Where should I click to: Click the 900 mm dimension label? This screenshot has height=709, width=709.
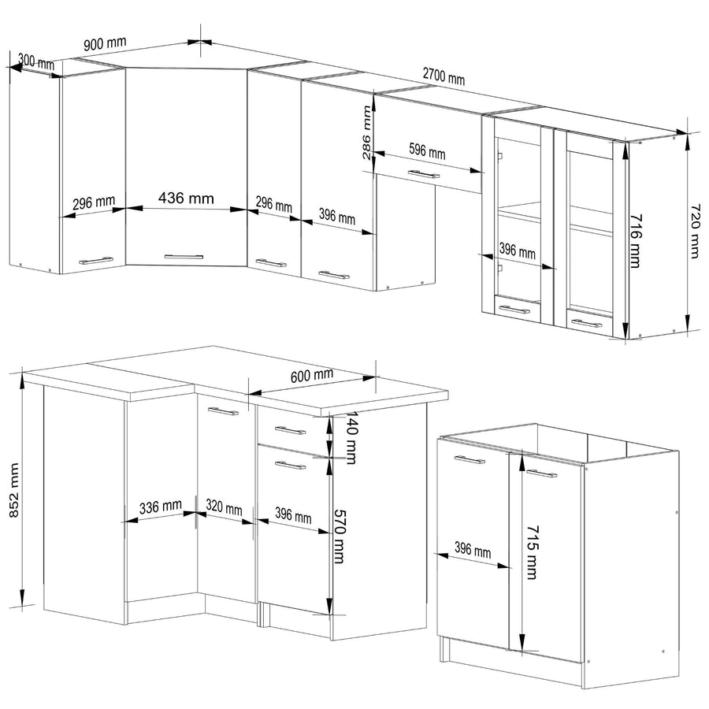(105, 44)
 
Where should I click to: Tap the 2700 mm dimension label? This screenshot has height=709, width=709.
(444, 76)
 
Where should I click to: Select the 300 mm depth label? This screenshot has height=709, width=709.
(36, 61)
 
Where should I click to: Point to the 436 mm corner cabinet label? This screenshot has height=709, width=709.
(186, 198)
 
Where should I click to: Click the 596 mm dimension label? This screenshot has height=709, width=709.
(427, 151)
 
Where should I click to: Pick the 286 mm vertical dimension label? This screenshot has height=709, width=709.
(366, 132)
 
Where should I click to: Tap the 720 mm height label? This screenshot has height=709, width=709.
(695, 231)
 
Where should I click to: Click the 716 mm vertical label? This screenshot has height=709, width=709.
(635, 241)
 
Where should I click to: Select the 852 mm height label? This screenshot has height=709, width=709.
(14, 490)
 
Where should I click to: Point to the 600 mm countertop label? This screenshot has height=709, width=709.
(311, 375)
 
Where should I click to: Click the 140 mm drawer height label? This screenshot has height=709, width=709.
(351, 438)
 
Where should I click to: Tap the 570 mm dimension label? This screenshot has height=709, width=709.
(339, 536)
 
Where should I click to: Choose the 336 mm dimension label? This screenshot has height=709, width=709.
(161, 507)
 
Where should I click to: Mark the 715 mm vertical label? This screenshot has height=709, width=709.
(532, 552)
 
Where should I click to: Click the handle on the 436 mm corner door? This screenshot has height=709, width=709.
(184, 257)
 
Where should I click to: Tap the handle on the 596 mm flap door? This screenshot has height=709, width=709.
(424, 174)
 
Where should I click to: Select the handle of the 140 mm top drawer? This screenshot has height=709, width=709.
(290, 430)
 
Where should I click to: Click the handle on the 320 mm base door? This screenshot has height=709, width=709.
(223, 411)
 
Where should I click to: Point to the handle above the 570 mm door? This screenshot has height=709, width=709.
(290, 465)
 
